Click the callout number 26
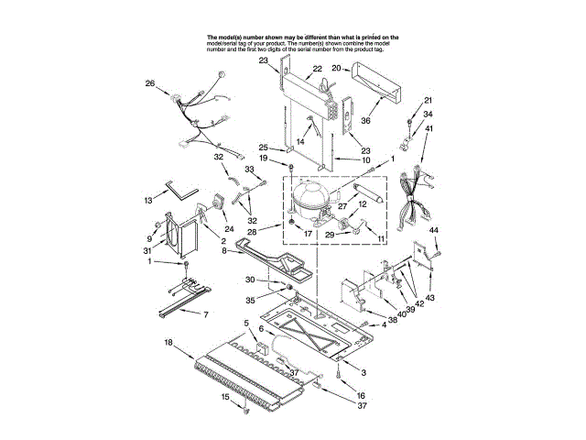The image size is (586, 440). tap(150, 84)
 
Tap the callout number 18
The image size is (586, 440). tap(168, 342)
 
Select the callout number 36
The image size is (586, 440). tap(364, 119)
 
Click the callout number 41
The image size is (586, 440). tap(429, 129)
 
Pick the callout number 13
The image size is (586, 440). tap(148, 199)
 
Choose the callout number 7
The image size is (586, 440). tap(205, 314)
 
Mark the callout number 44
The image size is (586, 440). tap(435, 229)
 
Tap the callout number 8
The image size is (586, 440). tap(222, 249)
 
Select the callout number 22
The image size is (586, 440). tap(317, 69)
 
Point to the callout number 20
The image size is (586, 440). tap(336, 68)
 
